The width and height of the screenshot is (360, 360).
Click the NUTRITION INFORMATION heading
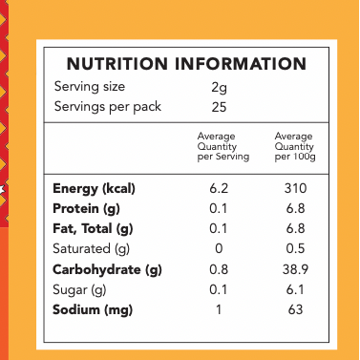pos(186,65)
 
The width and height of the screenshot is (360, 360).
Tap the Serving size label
pos(95,87)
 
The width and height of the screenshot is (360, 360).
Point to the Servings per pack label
pos(108,106)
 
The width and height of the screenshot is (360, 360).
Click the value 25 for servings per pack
pos(219,106)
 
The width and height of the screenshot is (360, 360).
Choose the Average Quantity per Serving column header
pos(222,146)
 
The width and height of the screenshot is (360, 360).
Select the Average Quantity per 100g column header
pos(294,146)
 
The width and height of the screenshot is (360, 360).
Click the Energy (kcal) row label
pos(94,188)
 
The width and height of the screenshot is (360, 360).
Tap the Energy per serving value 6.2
pos(219,188)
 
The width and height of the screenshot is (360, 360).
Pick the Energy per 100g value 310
pos(295,188)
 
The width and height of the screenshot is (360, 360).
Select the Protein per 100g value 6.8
pos(295,208)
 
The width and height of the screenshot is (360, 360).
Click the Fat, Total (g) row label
pos(93,228)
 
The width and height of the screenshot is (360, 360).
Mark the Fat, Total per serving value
pos(219,228)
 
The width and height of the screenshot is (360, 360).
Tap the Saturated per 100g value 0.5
pos(295,248)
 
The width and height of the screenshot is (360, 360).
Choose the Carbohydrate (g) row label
pos(107,269)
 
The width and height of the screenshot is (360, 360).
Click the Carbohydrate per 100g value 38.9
pos(295,269)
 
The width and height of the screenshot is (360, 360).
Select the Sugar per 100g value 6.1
pos(295,289)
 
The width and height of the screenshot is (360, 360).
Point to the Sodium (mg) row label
pos(93,310)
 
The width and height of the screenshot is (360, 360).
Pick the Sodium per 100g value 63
pos(295,310)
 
